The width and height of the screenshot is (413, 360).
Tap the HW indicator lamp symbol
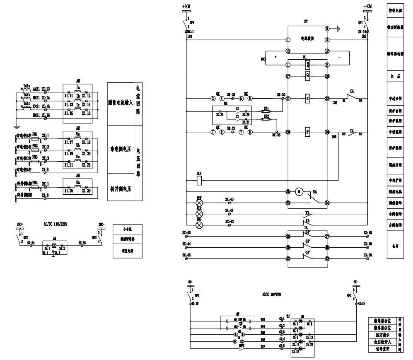(x=200, y=203)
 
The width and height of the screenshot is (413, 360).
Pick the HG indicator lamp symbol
(x=200, y=225)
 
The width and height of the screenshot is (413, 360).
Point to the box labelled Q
(x=307, y=76)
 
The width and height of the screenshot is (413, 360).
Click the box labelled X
(x=307, y=99)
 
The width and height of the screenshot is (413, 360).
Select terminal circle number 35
(x=287, y=192)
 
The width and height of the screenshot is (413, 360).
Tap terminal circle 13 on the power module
(x=287, y=51)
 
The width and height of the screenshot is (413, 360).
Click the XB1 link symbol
(x=267, y=110)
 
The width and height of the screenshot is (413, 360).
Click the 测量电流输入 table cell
(x=120, y=102)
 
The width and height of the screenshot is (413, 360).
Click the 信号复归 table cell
(x=382, y=350)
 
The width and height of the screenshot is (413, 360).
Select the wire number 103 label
(x=263, y=59)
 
